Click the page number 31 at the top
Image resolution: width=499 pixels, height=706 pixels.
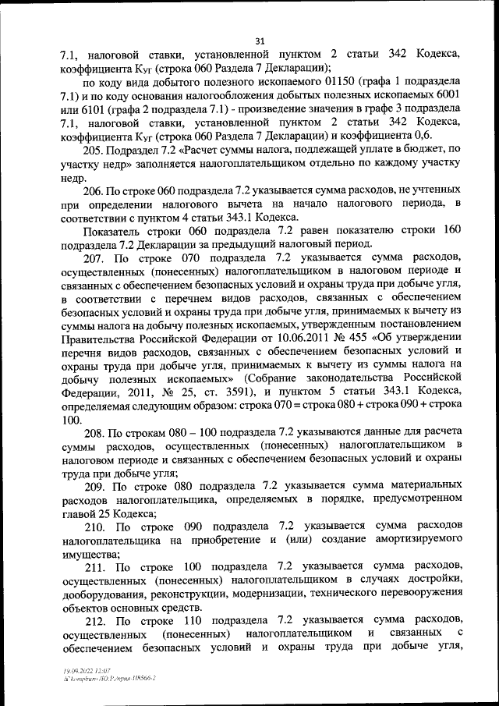(x=260, y=41)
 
